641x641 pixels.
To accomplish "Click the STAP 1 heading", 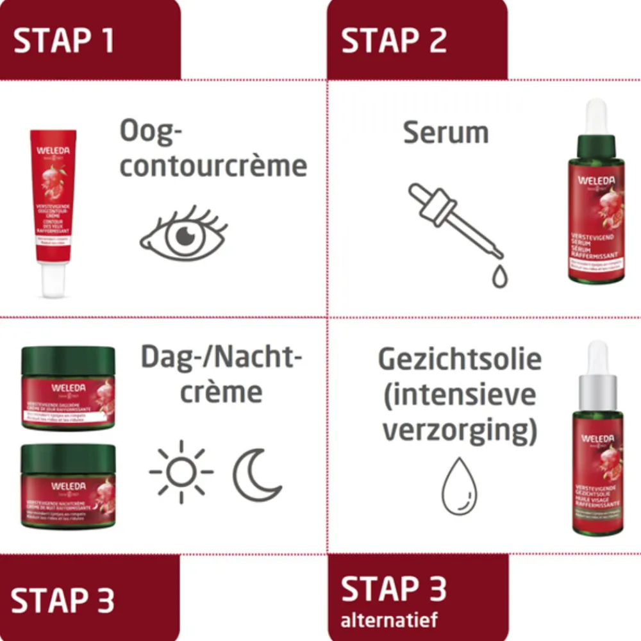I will coord(63,40).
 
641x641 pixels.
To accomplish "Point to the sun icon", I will coord(181,472).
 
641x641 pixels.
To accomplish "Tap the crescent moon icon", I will coord(256,474).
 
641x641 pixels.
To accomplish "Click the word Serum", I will coord(445,133).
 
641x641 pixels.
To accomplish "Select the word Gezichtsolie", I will coord(459,360).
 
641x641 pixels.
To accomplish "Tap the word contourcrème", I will coord(213,166).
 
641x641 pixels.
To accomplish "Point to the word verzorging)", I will coord(459,431).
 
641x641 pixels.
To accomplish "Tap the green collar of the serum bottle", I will coord(596,148).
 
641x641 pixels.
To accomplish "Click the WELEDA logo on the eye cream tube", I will coord(53,152).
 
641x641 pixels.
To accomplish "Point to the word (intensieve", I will coord(459,395).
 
